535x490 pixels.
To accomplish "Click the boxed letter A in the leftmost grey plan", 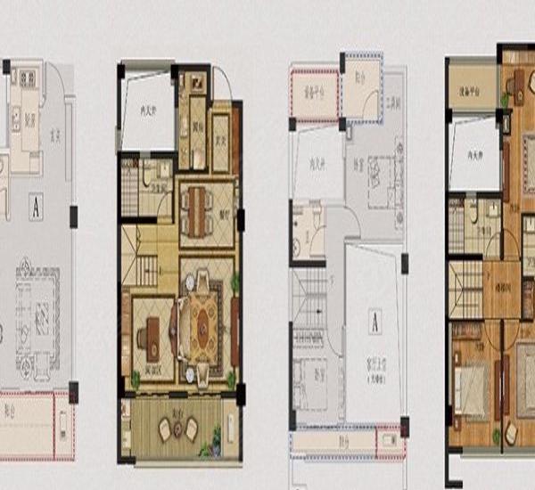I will [37, 208].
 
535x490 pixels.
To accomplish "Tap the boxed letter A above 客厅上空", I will [375, 324].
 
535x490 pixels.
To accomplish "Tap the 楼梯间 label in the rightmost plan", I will [503, 290].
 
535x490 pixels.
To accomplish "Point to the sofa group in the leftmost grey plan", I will [36, 312].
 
